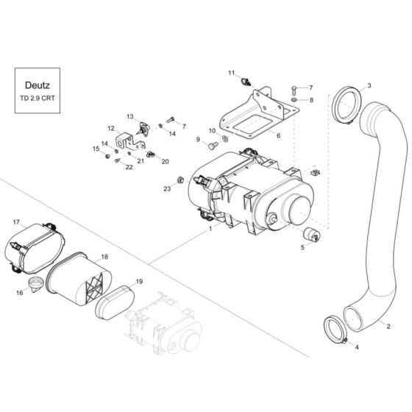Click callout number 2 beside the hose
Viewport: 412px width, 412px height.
click(x=388, y=325)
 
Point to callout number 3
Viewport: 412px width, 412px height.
click(x=369, y=86)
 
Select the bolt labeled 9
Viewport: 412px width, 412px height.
click(x=213, y=146)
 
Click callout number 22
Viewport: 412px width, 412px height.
click(x=129, y=168)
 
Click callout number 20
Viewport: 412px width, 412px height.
click(x=165, y=161)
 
